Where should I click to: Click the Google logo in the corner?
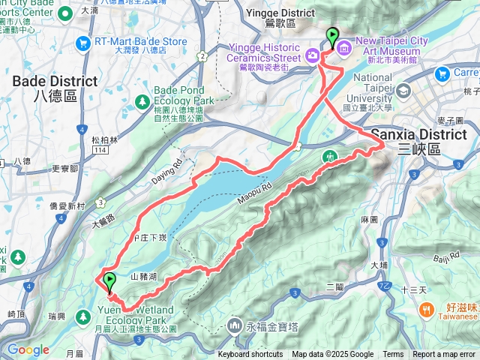(x=28, y=349)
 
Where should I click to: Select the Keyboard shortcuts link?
(x=250, y=355)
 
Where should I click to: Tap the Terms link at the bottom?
(x=393, y=355)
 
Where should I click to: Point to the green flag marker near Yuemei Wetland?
(x=109, y=283)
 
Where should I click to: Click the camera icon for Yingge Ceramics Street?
(x=313, y=55)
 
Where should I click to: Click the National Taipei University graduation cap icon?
(x=404, y=91)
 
